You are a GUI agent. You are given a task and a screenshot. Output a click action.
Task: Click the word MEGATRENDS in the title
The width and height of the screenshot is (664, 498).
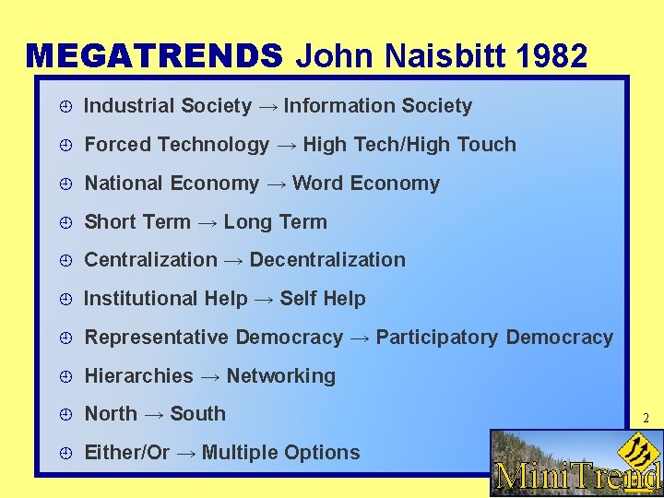tap(154, 56)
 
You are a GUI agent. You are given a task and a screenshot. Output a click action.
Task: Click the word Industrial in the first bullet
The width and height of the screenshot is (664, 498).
tap(126, 106)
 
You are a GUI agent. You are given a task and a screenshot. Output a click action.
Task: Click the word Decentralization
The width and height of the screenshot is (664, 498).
tap(327, 260)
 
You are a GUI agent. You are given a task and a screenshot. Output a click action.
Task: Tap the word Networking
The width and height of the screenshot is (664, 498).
tap(281, 376)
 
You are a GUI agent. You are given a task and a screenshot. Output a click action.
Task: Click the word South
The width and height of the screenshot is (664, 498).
tap(197, 414)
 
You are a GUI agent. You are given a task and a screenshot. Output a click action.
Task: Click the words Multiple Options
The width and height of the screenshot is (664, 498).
tap(280, 453)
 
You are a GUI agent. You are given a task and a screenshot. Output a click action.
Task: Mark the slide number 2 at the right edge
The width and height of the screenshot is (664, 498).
tap(646, 419)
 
